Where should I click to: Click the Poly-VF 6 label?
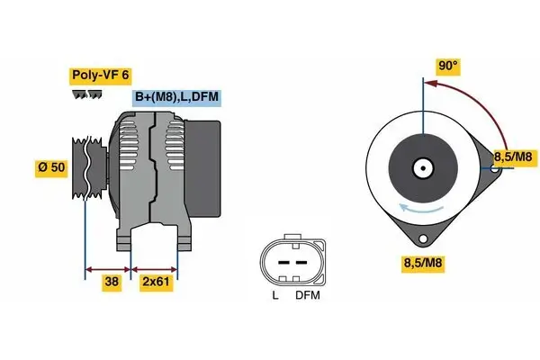[102, 76]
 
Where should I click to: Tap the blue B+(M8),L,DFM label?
[176, 98]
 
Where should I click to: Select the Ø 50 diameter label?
[49, 167]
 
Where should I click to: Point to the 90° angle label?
[448, 65]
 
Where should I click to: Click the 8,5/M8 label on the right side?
[513, 158]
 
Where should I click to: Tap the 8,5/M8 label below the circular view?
[422, 265]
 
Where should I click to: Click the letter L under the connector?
[274, 293]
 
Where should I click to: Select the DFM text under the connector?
[306, 293]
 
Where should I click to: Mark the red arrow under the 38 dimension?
[107, 268]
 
